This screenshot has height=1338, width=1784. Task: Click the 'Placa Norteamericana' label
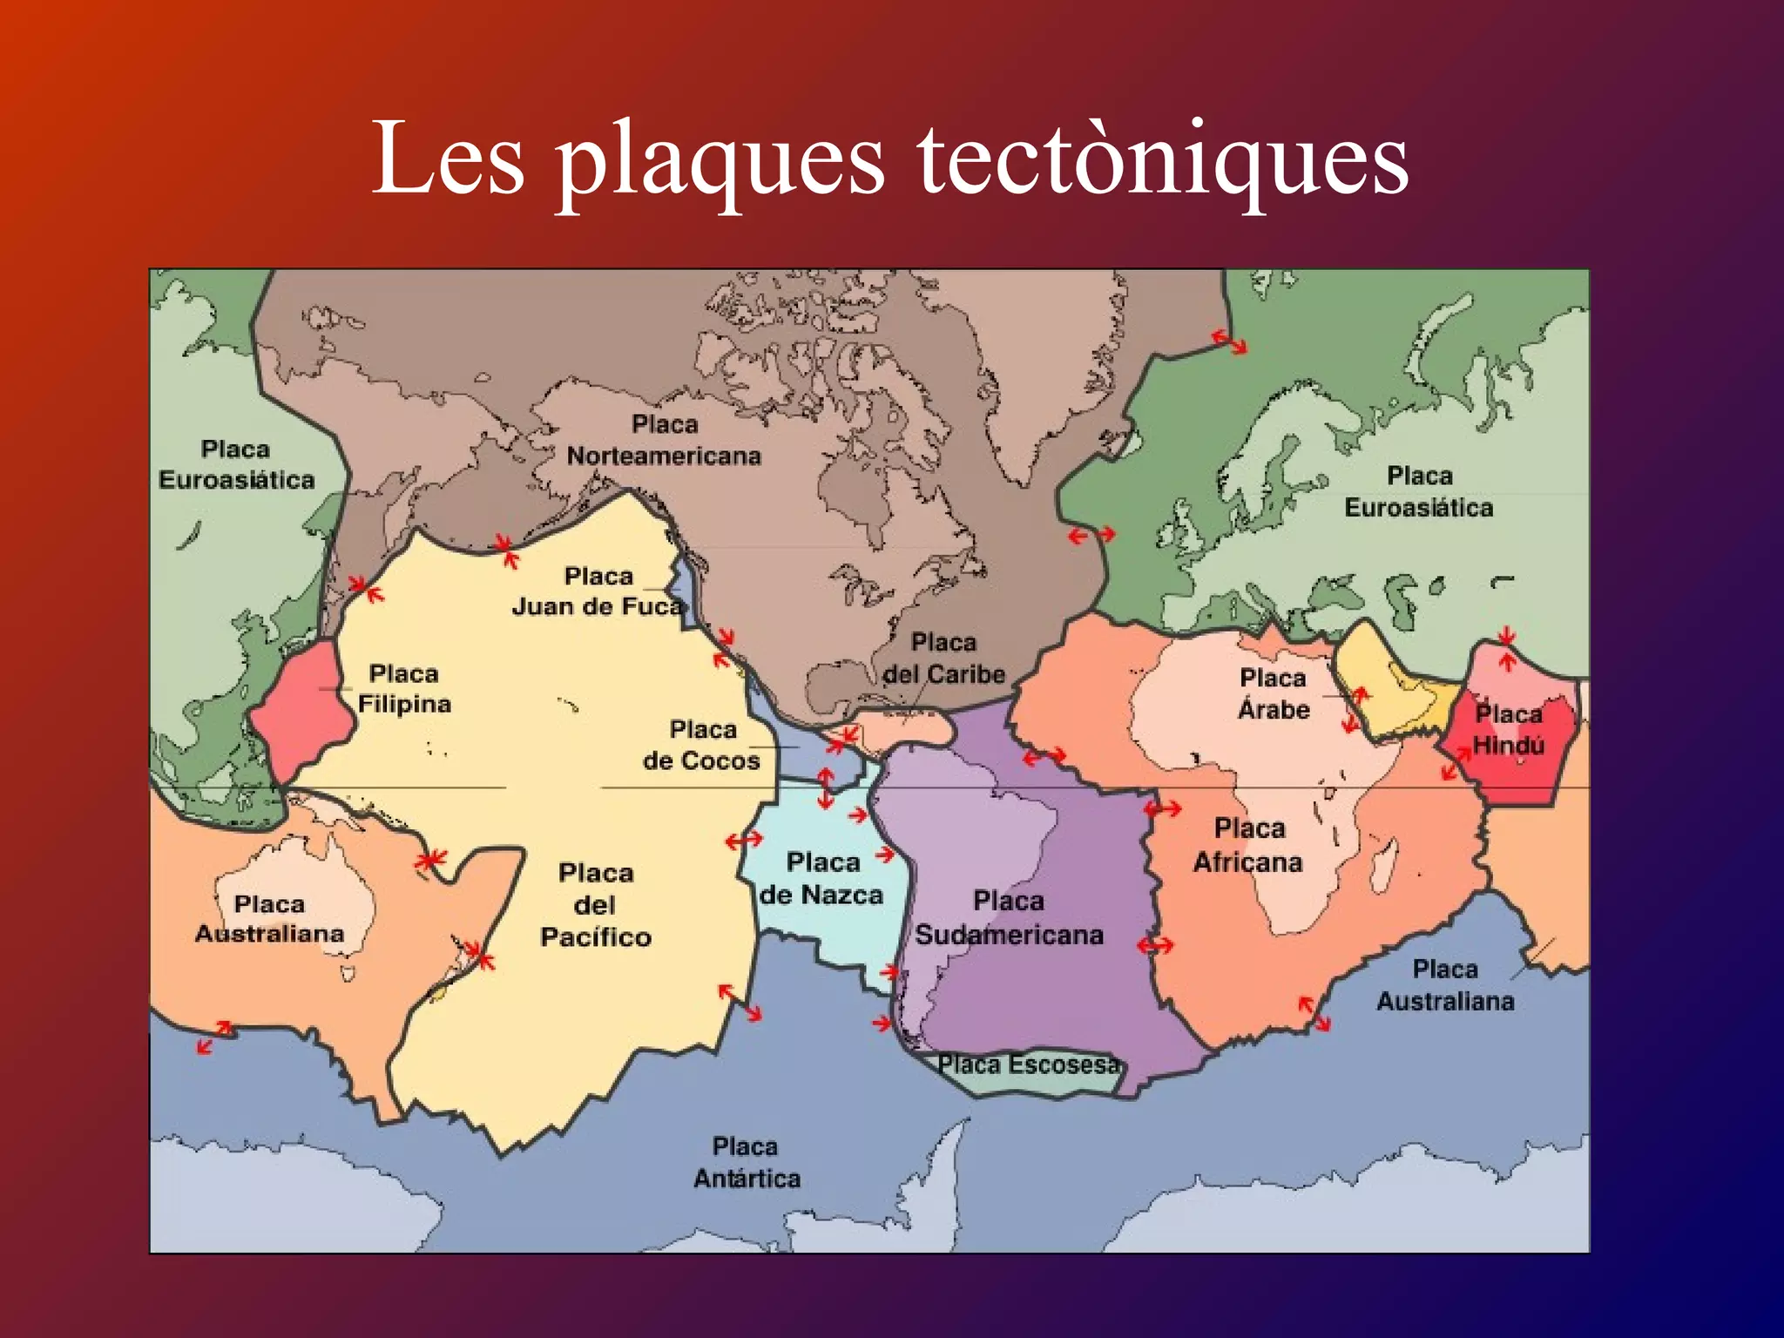click(664, 441)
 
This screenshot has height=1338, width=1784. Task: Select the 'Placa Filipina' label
click(404, 689)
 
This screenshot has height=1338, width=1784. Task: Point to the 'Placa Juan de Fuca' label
click(598, 591)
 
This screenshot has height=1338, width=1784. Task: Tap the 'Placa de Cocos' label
click(702, 745)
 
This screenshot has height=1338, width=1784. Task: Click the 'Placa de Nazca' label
click(821, 879)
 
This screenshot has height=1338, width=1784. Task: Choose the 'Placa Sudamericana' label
click(1009, 918)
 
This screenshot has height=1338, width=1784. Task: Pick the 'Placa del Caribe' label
click(944, 659)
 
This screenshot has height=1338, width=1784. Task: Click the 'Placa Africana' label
click(1248, 845)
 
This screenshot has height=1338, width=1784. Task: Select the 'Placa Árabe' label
click(1274, 694)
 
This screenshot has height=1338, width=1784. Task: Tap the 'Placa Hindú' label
click(1509, 730)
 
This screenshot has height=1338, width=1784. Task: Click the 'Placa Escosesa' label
click(1028, 1064)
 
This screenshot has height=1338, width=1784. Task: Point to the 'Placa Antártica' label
click(746, 1163)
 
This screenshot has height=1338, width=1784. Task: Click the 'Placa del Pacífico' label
click(596, 905)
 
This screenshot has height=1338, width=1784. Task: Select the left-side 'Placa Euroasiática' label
click(236, 465)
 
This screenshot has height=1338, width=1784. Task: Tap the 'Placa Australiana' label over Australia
click(269, 919)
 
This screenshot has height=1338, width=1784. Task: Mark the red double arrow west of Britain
click(1091, 534)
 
